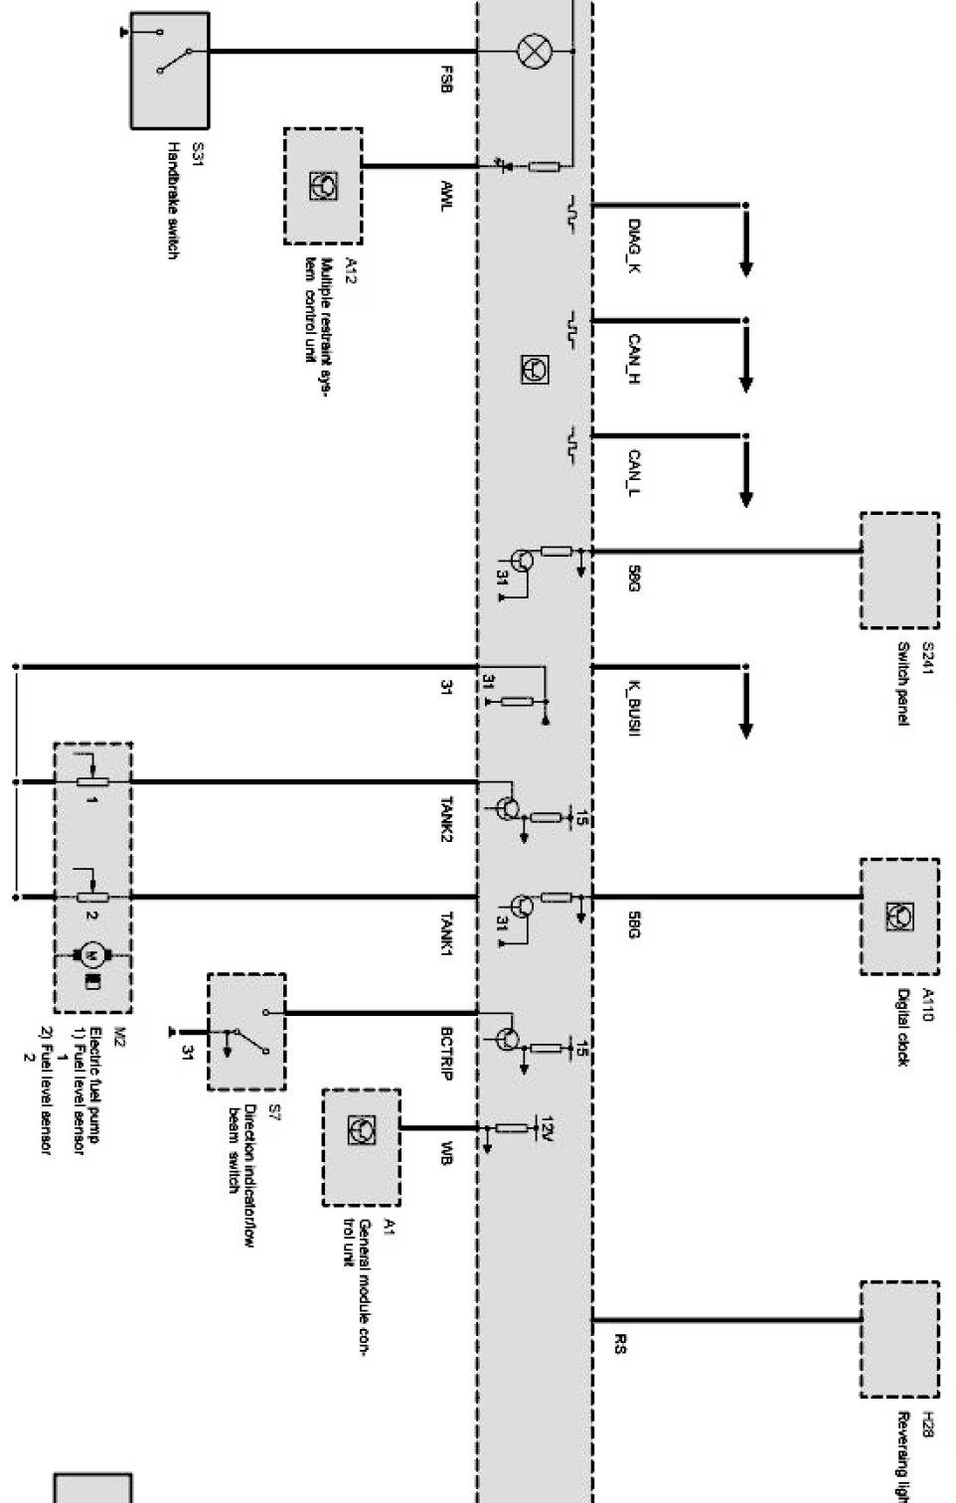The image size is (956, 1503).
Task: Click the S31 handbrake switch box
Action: click(169, 70)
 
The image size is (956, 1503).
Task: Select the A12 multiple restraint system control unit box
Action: click(323, 186)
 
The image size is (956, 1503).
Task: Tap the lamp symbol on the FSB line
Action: click(534, 52)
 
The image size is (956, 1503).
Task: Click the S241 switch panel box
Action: click(898, 570)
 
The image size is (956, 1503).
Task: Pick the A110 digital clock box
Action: click(898, 916)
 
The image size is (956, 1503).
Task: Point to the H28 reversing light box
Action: click(898, 1339)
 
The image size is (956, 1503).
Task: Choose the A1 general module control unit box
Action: click(361, 1147)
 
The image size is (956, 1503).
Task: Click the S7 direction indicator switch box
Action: click(245, 1031)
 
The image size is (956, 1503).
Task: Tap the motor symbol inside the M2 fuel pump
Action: click(91, 955)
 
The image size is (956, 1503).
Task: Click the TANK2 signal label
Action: click(446, 820)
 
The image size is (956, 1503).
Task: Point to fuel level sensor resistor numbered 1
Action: click(92, 781)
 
